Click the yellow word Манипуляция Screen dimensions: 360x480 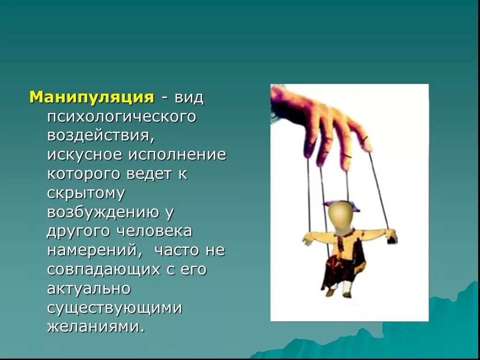tap(92, 97)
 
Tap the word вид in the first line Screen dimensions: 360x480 tap(190, 97)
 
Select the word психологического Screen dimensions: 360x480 tap(121, 117)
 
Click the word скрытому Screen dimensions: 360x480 tap(85, 193)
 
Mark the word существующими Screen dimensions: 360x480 tap(114, 308)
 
